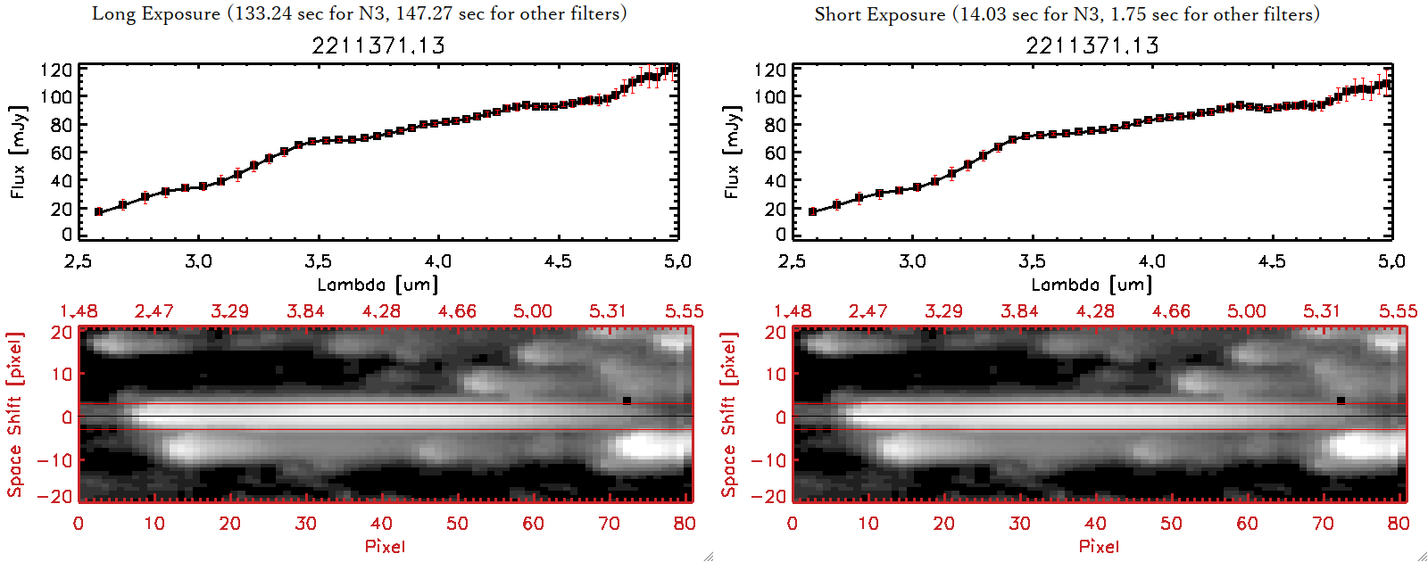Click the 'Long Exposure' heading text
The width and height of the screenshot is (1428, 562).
156,13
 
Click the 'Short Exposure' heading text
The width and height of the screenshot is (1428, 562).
879,14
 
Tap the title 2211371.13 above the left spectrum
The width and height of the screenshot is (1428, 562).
378,45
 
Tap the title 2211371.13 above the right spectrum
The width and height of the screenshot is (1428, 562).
1092,45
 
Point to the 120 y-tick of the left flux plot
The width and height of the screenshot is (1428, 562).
56,70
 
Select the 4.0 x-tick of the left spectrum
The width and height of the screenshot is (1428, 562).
438,261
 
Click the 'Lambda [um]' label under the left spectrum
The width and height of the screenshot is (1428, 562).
378,285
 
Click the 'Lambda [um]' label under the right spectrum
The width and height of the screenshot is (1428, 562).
1092,285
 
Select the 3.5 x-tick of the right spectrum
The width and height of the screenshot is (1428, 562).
1032,261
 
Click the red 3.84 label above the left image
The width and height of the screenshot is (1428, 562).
305,311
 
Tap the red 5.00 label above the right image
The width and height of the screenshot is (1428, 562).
1247,311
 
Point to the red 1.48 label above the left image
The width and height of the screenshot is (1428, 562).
79,311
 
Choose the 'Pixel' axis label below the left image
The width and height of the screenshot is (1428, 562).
385,546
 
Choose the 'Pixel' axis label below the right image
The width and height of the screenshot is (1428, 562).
1099,546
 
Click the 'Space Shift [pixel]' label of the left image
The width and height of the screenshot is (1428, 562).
15,415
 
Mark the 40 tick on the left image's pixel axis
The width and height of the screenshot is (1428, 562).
381,524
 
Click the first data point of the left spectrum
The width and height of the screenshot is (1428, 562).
99,211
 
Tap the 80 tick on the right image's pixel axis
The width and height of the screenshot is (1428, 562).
1399,524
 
